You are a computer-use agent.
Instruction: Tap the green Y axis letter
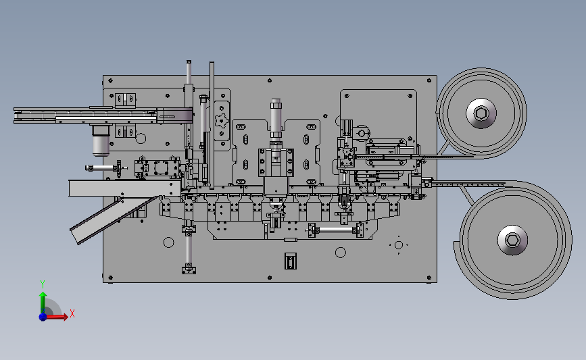[x=42, y=284]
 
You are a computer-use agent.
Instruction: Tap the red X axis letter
[x=72, y=313]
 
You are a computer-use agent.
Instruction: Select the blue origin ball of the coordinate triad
[x=43, y=316]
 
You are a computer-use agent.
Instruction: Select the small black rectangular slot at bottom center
[x=290, y=261]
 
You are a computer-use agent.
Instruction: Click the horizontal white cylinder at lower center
[x=335, y=230]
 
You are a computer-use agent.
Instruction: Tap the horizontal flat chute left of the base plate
[x=115, y=188]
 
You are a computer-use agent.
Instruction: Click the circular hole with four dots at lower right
[x=399, y=245]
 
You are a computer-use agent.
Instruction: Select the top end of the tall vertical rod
[x=189, y=63]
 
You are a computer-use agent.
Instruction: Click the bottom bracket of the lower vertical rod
[x=189, y=269]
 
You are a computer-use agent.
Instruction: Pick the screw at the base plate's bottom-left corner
[x=108, y=278]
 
